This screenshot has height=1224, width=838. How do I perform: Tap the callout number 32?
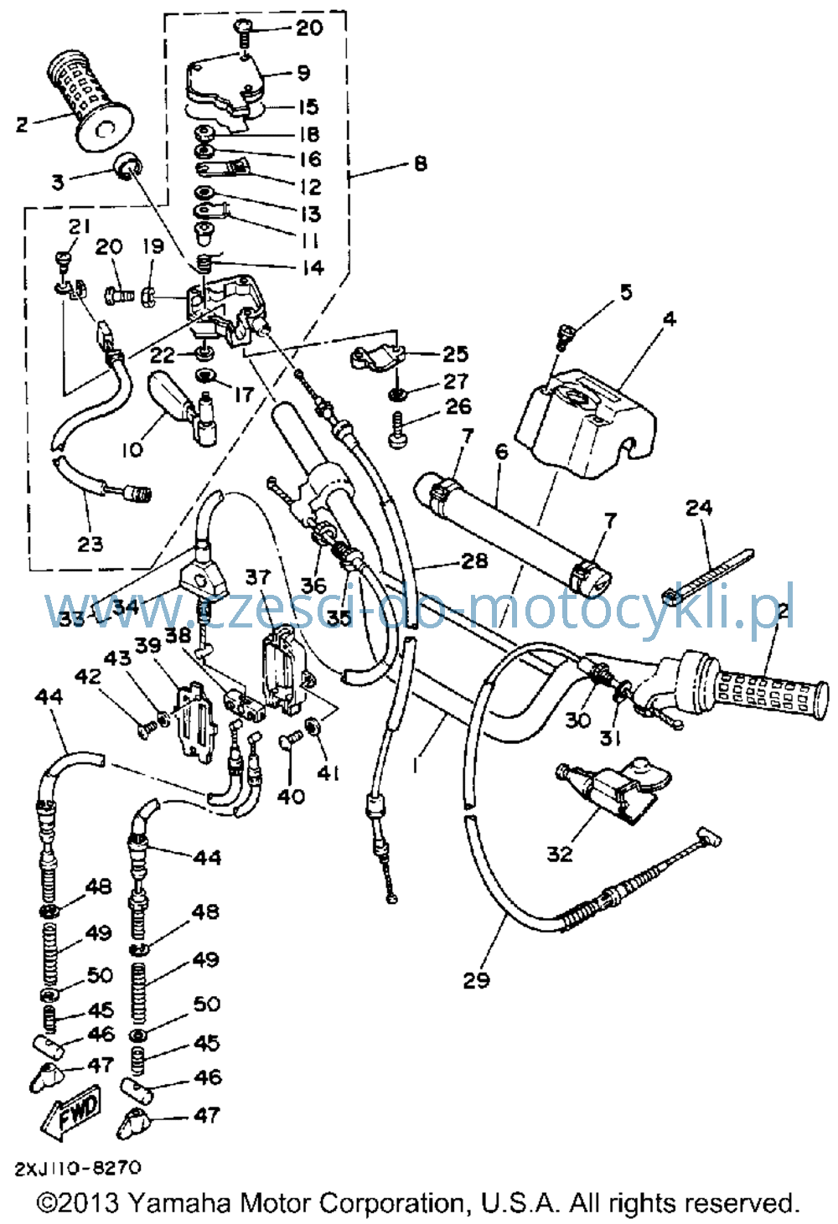click(x=559, y=854)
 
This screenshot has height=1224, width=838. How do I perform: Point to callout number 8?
click(x=420, y=163)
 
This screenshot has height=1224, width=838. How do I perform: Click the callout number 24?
click(x=699, y=508)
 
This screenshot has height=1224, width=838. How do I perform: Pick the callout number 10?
click(x=132, y=450)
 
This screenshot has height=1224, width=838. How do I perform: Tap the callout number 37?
click(x=257, y=576)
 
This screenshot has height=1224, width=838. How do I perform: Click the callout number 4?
click(x=669, y=318)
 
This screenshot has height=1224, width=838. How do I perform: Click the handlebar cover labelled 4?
click(x=587, y=423)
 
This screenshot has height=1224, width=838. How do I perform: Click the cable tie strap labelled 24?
click(x=708, y=576)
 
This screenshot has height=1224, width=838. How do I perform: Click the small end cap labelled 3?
click(x=127, y=164)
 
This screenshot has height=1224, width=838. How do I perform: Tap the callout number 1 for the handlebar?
click(x=416, y=765)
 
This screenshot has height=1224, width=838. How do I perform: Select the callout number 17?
click(x=244, y=394)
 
